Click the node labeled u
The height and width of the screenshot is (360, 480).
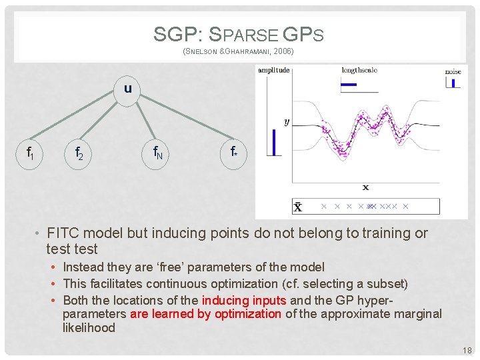tap(127, 88)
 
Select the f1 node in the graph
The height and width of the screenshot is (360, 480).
tap(31, 153)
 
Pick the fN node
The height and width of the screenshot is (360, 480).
tap(158, 154)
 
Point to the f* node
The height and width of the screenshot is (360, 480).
tap(234, 153)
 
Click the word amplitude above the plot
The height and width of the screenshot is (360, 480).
tap(273, 69)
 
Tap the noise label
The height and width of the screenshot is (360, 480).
tap(453, 71)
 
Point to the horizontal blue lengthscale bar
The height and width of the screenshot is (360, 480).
tap(349, 84)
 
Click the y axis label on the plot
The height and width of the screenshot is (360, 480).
tap(287, 122)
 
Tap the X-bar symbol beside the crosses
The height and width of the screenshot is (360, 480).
tap(298, 207)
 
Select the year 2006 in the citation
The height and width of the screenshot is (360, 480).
tap(280, 51)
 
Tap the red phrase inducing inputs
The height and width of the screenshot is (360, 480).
tap(243, 300)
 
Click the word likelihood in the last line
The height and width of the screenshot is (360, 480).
tap(89, 328)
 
